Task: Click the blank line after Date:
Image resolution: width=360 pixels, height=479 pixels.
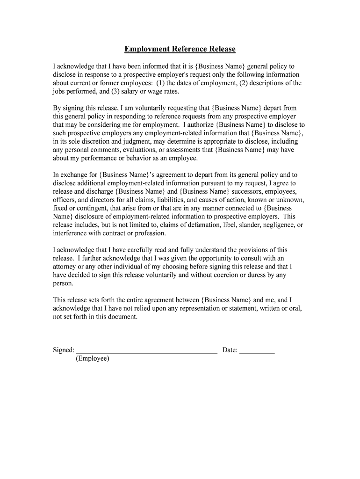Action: click(257, 350)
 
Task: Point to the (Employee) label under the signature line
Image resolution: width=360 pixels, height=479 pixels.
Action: click(92, 358)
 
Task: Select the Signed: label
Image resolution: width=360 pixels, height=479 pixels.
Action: click(64, 350)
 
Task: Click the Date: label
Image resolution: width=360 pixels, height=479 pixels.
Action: click(230, 350)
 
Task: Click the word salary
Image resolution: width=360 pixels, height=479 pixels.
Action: click(130, 92)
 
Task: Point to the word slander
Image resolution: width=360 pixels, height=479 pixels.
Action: click(249, 225)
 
